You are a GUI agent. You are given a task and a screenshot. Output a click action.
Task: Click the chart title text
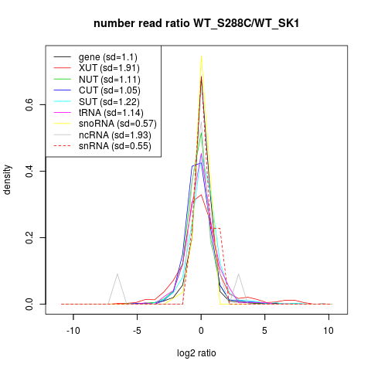tap(196, 24)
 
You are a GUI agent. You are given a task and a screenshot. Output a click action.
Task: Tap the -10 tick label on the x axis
tap(73, 330)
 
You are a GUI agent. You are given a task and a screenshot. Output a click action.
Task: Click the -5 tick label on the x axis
tap(137, 330)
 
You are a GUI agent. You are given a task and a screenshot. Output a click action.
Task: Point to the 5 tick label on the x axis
tap(264, 330)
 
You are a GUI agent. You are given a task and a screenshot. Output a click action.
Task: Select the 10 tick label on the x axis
tap(328, 330)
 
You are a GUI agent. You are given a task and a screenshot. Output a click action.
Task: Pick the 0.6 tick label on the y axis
tap(29, 105)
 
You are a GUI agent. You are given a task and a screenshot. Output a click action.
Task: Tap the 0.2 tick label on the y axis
tap(29, 237)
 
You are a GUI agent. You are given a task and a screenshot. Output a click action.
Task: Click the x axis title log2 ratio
tap(196, 353)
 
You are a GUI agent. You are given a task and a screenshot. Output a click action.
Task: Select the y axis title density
tap(8, 180)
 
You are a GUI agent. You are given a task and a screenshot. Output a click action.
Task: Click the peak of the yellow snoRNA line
tap(201, 56)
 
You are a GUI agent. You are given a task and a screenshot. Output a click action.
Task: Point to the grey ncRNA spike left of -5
tap(117, 274)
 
